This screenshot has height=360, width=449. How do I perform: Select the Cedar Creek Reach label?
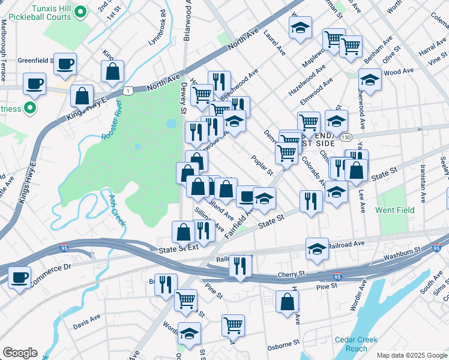coord(357,344)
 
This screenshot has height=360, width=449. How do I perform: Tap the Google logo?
coord(20,353)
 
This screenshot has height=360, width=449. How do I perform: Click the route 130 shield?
coord(346,137)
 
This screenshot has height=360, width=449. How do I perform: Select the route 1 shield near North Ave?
coord(129,90)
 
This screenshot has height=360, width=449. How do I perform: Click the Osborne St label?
coord(284,343)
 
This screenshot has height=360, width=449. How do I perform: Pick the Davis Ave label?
coord(86,319)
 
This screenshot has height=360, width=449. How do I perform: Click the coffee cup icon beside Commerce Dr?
coord(20,277)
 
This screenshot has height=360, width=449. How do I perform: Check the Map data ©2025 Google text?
coord(411,355)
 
